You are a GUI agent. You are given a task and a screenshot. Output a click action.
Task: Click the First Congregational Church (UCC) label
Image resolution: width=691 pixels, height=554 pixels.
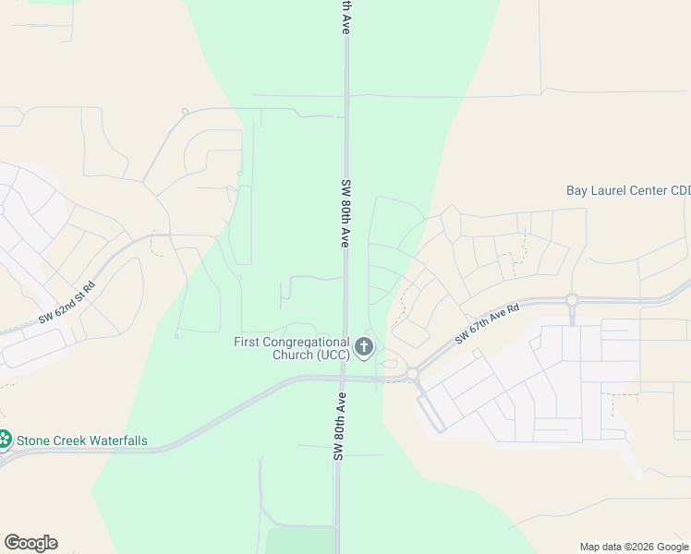tap(291, 348)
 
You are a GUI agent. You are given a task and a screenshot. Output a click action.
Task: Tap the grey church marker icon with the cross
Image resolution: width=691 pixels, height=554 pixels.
tap(364, 348)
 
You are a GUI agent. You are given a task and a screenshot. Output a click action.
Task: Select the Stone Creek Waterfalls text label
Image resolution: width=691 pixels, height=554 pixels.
tap(82, 440)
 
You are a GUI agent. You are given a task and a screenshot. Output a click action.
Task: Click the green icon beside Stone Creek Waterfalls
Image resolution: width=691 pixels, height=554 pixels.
tap(5, 440)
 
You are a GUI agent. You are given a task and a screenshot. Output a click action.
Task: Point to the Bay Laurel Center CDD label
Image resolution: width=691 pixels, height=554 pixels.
tap(628, 191)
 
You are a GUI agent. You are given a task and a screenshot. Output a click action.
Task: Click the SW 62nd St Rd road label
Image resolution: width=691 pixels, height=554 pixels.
tap(67, 303)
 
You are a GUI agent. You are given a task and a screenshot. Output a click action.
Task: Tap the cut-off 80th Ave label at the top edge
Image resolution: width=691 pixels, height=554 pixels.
tap(345, 17)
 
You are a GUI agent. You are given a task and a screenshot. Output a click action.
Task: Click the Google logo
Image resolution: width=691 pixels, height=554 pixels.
tap(30, 543)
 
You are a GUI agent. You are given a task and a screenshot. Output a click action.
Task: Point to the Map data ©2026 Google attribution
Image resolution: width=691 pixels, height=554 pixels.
tap(634, 547)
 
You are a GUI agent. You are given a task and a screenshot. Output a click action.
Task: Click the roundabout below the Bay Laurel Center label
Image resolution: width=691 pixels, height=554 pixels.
tap(572, 300)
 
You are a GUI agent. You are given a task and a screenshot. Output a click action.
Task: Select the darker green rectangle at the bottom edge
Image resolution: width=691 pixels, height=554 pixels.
tap(299, 540)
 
